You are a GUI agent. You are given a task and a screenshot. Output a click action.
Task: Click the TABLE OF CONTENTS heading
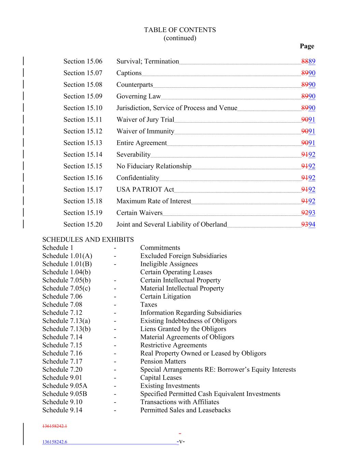[x=180, y=30]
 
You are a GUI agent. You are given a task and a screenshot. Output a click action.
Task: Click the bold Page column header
[x=307, y=46]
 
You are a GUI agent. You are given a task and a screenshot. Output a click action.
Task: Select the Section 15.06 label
[x=83, y=61]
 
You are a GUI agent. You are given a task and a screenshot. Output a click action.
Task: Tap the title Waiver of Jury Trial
[x=145, y=119]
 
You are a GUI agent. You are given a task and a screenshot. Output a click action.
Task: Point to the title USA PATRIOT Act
[x=145, y=189]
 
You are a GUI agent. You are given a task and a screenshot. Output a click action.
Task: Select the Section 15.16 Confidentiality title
[x=138, y=178]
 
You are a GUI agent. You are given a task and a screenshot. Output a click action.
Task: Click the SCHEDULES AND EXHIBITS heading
[x=88, y=240]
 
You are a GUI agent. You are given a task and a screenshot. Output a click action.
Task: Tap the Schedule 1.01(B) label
[x=67, y=264]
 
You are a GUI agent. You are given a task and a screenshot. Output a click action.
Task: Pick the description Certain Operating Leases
[x=176, y=272]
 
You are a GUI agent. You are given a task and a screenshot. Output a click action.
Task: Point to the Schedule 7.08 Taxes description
[x=148, y=305]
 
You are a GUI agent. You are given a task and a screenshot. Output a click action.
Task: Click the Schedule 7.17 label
[x=62, y=361]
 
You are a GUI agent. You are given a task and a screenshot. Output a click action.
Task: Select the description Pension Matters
[x=163, y=361]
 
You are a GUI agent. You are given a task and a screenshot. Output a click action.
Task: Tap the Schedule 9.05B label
[x=64, y=394]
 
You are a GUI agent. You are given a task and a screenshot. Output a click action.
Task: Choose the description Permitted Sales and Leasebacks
[x=185, y=410]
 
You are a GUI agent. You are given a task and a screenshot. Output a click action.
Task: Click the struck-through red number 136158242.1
[x=55, y=426]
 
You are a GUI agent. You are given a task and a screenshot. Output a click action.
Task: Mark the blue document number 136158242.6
[x=55, y=442]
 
